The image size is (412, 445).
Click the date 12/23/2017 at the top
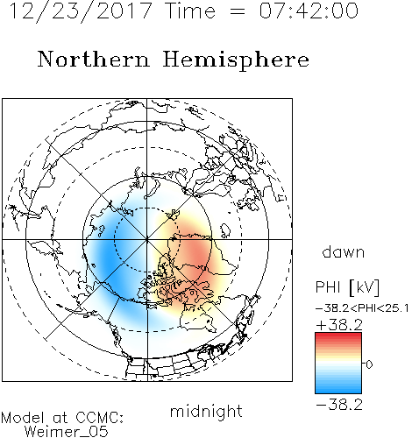pyautogui.click(x=81, y=11)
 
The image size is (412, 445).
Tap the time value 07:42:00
pyautogui.click(x=309, y=11)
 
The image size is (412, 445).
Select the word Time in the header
pyautogui.click(x=190, y=11)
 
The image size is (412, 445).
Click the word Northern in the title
pyautogui.click(x=94, y=59)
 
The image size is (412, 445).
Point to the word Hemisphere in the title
pyautogui.click(x=236, y=60)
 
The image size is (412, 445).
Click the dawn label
pyautogui.click(x=343, y=252)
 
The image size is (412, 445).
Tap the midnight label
pyautogui.click(x=206, y=411)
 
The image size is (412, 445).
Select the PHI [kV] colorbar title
pyautogui.click(x=347, y=287)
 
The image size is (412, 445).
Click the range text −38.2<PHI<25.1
pyautogui.click(x=362, y=308)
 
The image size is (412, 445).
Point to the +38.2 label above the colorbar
pyautogui.click(x=339, y=325)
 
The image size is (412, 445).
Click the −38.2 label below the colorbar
pyautogui.click(x=339, y=405)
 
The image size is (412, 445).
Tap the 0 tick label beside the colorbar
pyautogui.click(x=369, y=364)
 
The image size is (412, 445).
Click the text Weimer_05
pyautogui.click(x=66, y=432)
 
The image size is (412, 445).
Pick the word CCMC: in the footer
pyautogui.click(x=99, y=418)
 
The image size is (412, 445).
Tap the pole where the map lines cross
pyautogui.click(x=147, y=239)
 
